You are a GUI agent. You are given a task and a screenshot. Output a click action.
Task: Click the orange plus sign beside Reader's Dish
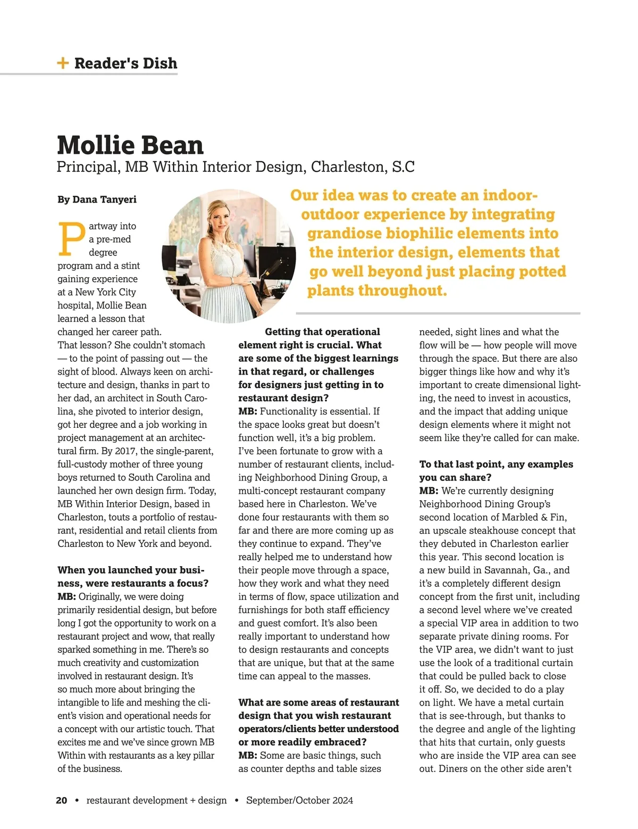(x=63, y=63)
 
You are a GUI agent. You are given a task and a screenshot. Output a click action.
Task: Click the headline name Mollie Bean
(x=130, y=145)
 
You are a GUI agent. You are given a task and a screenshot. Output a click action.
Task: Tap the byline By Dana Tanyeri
(x=97, y=200)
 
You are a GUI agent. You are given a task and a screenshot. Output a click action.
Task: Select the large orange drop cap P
(x=71, y=239)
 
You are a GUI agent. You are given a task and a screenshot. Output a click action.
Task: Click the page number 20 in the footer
(x=62, y=800)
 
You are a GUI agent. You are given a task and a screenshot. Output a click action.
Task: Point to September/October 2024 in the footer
(x=299, y=800)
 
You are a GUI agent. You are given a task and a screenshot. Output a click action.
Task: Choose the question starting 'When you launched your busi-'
(x=131, y=570)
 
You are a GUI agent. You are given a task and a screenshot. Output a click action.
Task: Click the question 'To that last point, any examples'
(x=496, y=464)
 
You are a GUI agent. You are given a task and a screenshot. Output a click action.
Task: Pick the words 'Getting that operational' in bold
(x=322, y=331)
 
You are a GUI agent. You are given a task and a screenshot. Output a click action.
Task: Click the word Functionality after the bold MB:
(x=293, y=411)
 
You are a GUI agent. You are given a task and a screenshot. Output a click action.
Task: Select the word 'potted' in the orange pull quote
(x=540, y=271)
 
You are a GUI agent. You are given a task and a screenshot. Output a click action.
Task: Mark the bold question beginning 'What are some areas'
(x=318, y=702)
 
